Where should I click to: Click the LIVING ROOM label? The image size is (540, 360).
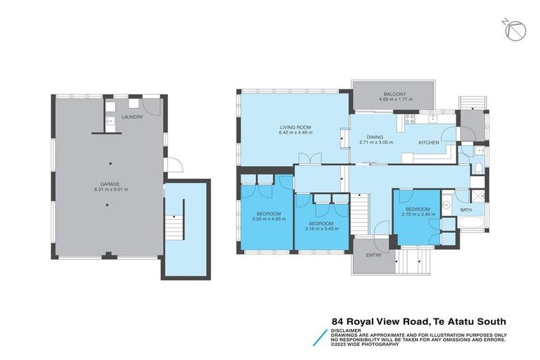[x=295, y=127]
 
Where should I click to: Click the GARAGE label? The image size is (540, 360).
[x=106, y=184]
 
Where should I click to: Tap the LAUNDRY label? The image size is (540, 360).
[x=131, y=117]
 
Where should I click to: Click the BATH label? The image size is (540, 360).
[x=465, y=210]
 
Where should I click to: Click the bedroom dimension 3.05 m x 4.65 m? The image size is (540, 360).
[x=269, y=219]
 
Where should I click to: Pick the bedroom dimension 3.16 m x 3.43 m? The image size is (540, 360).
[x=321, y=229]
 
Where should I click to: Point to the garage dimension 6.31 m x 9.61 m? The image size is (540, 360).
[x=106, y=190]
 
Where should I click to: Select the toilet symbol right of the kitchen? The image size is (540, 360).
[x=477, y=167]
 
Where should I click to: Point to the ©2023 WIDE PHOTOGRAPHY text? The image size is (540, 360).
[x=366, y=345]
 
